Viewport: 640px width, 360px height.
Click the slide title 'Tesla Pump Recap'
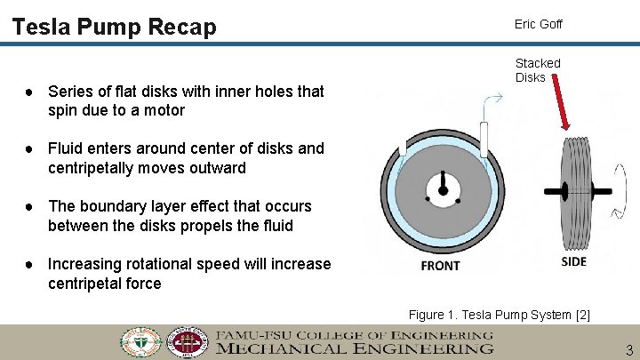pyautogui.click(x=115, y=27)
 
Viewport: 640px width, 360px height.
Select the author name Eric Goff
pyautogui.click(x=538, y=24)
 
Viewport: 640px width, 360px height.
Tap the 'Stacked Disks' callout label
pyautogui.click(x=538, y=70)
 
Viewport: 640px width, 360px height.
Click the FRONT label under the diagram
pyautogui.click(x=440, y=265)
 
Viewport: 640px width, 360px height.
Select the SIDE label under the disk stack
pyautogui.click(x=574, y=260)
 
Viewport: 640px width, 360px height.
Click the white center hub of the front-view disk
pyautogui.click(x=441, y=187)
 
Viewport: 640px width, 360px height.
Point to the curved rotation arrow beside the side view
pyautogui.click(x=619, y=212)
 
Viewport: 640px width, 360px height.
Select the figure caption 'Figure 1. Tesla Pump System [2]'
pyautogui.click(x=499, y=315)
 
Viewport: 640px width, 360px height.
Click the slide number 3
pyautogui.click(x=629, y=350)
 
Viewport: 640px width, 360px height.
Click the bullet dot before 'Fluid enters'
pyautogui.click(x=30, y=148)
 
